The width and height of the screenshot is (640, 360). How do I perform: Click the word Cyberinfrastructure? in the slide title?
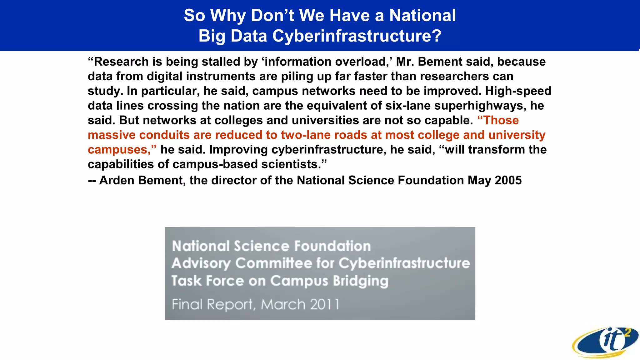point(357,36)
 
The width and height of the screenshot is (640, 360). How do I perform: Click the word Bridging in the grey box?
point(361,281)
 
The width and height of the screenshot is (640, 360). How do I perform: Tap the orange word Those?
point(501,120)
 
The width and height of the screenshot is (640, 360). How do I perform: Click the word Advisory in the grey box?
point(201,263)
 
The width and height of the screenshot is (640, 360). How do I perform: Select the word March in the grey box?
point(283,304)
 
